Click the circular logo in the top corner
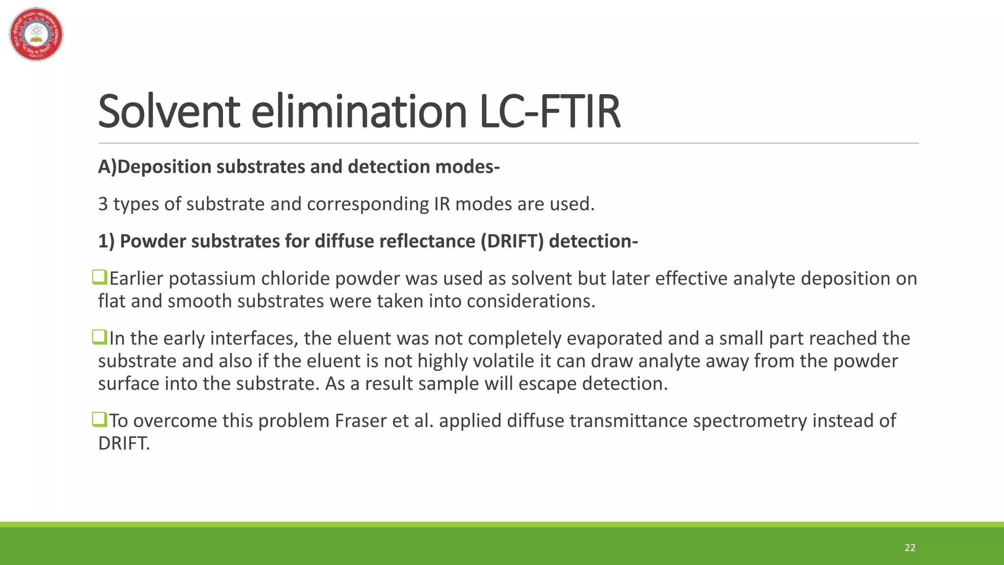[x=36, y=34]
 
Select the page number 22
[x=910, y=548]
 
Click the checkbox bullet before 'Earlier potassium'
[x=100, y=278]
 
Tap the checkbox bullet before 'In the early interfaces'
[x=100, y=337]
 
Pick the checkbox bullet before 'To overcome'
[x=100, y=420]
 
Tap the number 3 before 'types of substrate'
[x=103, y=204]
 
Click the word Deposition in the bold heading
[x=164, y=167]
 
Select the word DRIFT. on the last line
[x=124, y=443]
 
